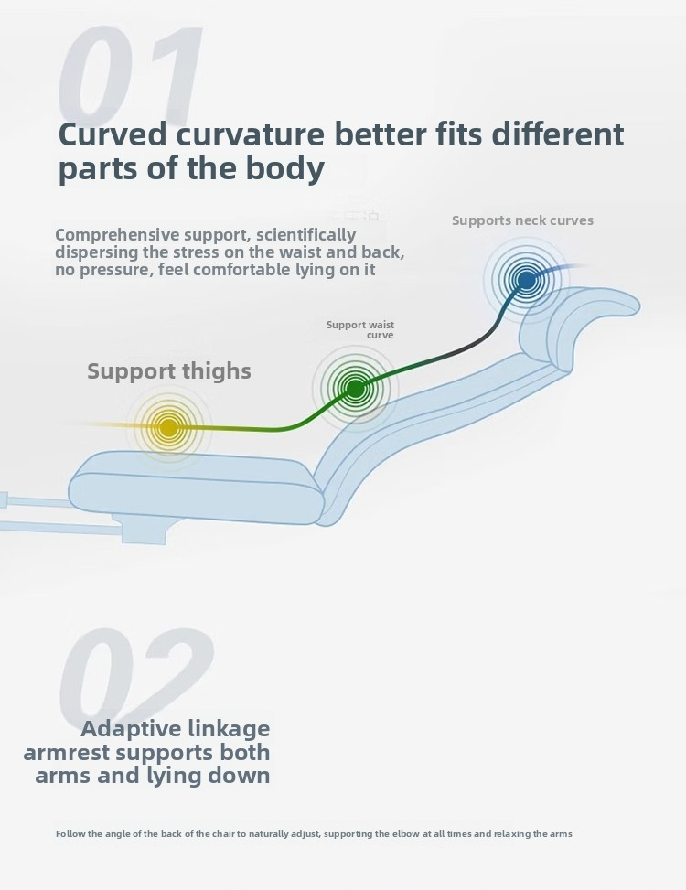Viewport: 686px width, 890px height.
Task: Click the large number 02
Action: [x=136, y=675]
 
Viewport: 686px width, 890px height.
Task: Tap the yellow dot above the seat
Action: [x=168, y=427]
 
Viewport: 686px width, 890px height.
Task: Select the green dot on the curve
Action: [x=355, y=389]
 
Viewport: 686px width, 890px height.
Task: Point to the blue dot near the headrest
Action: [x=526, y=280]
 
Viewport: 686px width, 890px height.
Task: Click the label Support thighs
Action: [x=169, y=370]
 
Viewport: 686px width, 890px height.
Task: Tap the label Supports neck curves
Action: [x=522, y=220]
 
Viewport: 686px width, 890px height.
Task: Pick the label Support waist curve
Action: [x=360, y=330]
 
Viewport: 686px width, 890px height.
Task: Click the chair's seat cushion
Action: [x=197, y=486]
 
